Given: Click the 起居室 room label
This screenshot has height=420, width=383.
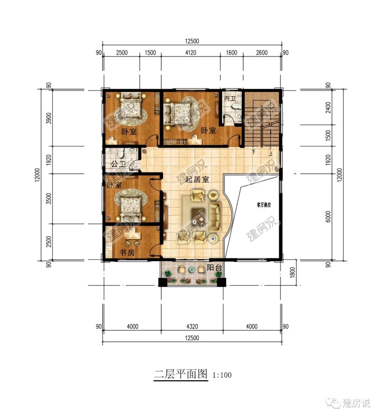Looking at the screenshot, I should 198,180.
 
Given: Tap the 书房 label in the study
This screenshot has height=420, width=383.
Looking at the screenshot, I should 127,253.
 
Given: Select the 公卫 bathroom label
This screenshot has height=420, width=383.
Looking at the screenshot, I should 118,164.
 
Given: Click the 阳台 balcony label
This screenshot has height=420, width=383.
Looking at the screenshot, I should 214,268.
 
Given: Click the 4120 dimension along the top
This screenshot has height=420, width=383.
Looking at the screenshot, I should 190,53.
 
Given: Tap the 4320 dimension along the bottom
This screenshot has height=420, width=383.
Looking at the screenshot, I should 191,326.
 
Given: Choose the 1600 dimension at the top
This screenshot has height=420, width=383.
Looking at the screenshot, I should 231,53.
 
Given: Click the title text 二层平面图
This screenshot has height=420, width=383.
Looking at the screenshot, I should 181,374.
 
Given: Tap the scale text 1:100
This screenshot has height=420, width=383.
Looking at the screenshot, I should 222,375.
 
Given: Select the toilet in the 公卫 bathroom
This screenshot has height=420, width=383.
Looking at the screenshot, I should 121,153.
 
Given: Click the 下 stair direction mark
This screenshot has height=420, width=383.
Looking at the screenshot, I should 254,152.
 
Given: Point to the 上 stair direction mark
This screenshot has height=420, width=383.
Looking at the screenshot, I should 271,154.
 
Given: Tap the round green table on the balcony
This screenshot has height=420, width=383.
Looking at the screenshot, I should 192,269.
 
